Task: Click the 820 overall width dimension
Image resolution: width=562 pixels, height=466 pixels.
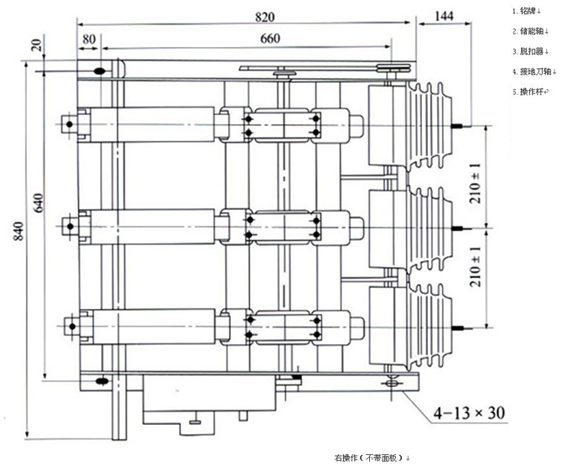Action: pyautogui.click(x=264, y=17)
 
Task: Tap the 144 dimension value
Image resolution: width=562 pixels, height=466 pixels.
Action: pyautogui.click(x=444, y=16)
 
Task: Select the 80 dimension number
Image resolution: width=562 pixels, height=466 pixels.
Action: pyautogui.click(x=89, y=39)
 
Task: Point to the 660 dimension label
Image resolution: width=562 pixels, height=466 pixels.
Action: pyautogui.click(x=270, y=39)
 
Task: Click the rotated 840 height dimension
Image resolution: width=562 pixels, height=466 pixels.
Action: pyautogui.click(x=18, y=231)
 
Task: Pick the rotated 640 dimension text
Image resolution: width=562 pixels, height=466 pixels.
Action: pyautogui.click(x=39, y=202)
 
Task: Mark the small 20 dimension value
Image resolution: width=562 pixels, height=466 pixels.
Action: pyautogui.click(x=37, y=45)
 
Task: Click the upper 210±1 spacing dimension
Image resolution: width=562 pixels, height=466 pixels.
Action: pyautogui.click(x=476, y=183)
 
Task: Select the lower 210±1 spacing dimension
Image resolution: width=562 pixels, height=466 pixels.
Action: pyautogui.click(x=476, y=266)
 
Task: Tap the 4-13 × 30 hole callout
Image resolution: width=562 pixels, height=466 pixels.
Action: pyautogui.click(x=469, y=413)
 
